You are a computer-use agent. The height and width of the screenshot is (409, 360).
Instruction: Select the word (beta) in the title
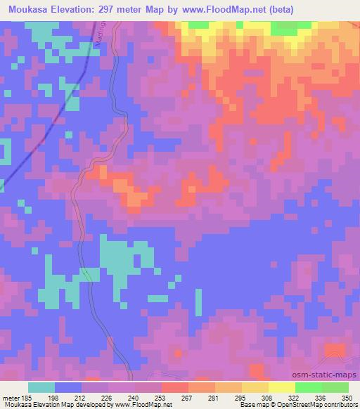click(x=277, y=10)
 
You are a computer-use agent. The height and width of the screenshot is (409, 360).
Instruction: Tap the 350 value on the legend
click(x=345, y=398)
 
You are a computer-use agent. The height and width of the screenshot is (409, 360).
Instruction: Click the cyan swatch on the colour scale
click(x=41, y=387)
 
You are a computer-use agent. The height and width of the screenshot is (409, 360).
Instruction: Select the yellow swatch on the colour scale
click(x=281, y=387)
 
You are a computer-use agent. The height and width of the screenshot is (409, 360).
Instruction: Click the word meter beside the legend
click(x=10, y=398)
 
